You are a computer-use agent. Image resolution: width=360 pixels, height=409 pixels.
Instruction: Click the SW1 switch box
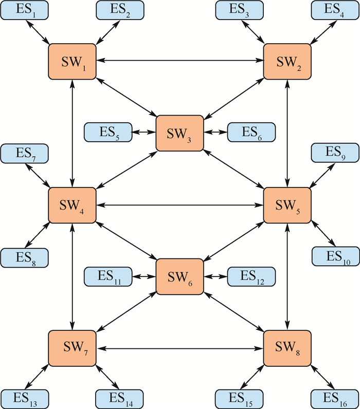72,62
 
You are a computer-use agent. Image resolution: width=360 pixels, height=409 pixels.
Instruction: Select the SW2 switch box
287,62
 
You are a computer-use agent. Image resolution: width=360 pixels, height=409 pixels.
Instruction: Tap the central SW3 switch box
179,133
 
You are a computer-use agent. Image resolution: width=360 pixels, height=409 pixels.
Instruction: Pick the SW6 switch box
179,276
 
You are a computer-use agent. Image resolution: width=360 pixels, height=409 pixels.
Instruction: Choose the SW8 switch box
287,348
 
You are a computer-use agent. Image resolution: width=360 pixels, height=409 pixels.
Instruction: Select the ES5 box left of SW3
107,133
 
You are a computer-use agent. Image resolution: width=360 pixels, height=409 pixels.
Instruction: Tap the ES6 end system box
251,133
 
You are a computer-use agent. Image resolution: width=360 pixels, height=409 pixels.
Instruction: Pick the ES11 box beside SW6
107,276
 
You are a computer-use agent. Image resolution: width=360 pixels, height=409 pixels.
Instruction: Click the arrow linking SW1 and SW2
179,61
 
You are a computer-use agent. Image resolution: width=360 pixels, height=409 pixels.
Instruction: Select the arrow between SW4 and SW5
179,204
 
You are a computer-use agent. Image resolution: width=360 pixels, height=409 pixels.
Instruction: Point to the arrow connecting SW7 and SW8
179,348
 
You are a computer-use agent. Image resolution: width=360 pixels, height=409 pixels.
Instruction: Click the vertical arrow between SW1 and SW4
72,133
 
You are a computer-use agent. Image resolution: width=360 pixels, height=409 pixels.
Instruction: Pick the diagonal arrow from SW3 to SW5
234,169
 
